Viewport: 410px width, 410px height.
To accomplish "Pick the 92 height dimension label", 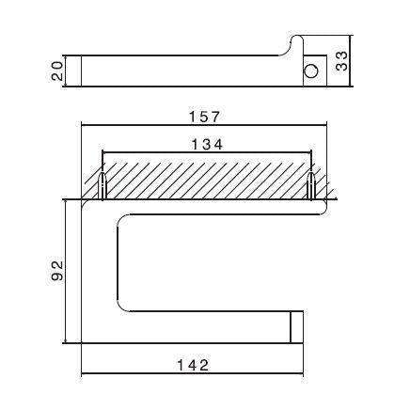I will [x=55, y=272].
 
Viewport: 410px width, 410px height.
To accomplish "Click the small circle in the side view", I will [x=309, y=70].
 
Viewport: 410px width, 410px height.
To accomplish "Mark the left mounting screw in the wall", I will [x=102, y=186].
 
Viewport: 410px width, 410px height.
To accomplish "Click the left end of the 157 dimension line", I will [x=83, y=126].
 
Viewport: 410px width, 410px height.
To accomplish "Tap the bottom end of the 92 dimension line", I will [x=65, y=344].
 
